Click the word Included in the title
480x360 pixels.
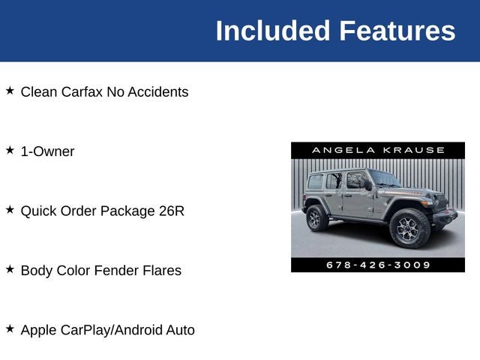272,31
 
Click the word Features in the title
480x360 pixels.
397,31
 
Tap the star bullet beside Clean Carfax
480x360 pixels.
10,91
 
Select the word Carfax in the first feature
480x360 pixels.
80,92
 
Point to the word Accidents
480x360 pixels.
158,92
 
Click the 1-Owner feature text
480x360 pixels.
47,151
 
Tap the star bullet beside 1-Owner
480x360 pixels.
10,150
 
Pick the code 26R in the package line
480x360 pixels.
171,211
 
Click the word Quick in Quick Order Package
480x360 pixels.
38,211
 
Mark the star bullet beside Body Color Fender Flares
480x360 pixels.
10,268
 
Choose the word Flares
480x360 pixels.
162,271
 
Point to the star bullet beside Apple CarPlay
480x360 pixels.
10,328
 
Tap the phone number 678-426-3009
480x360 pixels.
378,265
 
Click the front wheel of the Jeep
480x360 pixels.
409,229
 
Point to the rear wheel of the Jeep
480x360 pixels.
316,219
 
